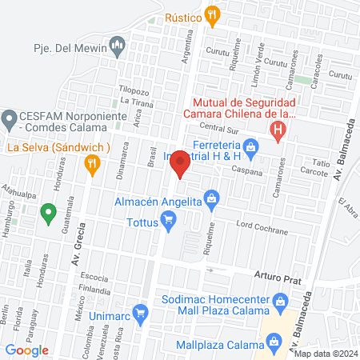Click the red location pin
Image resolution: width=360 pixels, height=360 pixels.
(x=180, y=163)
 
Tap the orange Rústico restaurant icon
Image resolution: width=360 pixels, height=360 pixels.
(x=211, y=14)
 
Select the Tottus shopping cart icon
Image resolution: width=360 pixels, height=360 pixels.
(x=170, y=224)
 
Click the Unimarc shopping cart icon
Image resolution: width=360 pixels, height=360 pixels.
(x=140, y=312)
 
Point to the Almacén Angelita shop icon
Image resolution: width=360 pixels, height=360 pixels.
(x=212, y=196)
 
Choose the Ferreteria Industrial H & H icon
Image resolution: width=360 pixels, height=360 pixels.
(x=250, y=146)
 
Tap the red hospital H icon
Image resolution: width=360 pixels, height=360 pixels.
(x=278, y=130)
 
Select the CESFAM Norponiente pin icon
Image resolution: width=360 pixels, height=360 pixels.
(x=10, y=120)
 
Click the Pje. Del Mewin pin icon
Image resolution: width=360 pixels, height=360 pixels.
(x=118, y=42)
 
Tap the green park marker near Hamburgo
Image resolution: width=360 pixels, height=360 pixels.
(x=48, y=213)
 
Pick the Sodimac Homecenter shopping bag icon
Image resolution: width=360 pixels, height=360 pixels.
(x=279, y=301)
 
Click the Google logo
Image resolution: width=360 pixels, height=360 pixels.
(x=27, y=350)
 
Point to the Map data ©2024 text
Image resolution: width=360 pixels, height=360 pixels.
(x=325, y=354)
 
